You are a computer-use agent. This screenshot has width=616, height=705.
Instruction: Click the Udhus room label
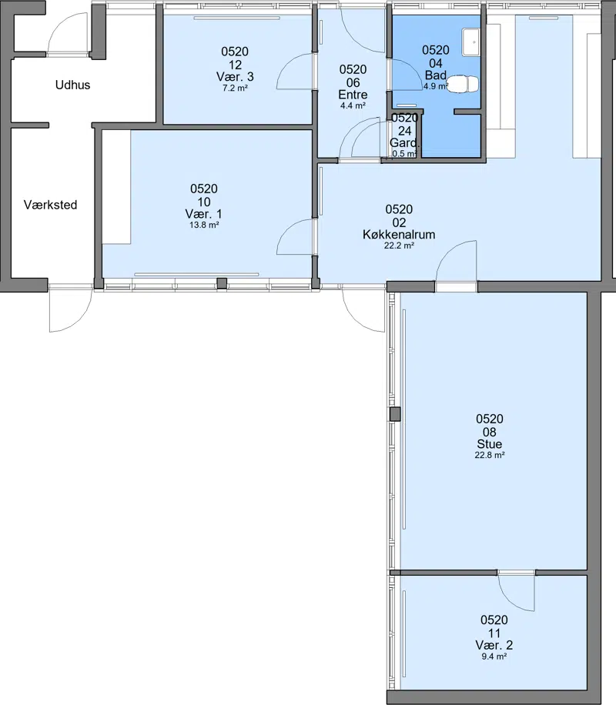click(72, 85)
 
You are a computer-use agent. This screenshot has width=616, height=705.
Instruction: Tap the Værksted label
click(50, 205)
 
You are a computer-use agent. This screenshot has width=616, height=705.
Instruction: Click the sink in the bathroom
click(470, 42)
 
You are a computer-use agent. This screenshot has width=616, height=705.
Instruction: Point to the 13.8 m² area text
click(204, 225)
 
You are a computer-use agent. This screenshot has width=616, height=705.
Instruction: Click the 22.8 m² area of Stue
click(490, 455)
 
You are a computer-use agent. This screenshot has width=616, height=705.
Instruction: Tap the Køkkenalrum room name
click(399, 234)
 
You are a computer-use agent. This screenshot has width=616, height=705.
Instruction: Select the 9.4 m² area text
click(494, 656)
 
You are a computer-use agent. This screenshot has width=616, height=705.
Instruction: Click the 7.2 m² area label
click(235, 88)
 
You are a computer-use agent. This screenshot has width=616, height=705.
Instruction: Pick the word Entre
click(353, 95)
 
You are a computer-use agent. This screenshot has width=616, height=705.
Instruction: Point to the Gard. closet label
click(404, 143)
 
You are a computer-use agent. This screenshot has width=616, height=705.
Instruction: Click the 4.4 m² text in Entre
click(353, 106)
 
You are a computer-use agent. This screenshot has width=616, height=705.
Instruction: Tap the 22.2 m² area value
click(399, 246)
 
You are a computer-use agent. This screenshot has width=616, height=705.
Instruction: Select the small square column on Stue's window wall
click(395, 414)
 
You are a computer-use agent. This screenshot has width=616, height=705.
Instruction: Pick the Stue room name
click(490, 444)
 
